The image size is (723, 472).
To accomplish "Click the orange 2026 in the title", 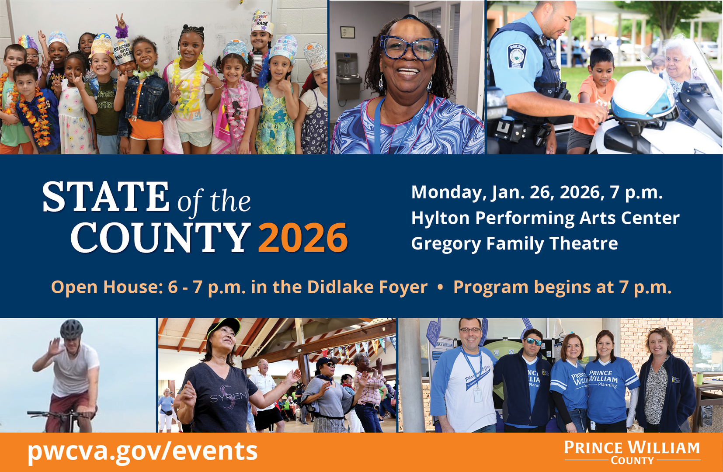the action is (303, 237).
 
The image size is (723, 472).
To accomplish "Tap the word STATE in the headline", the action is (105, 197).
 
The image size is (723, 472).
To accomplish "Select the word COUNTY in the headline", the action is (161, 237).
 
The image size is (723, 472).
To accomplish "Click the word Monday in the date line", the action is (448, 193).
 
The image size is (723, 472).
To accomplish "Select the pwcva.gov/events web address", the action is (143, 451).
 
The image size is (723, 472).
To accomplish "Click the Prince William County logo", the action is (632, 453).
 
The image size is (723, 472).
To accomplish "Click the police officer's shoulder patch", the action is (517, 56).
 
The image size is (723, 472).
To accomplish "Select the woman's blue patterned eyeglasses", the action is (409, 48).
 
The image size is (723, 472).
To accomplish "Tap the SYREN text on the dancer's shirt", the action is (229, 397).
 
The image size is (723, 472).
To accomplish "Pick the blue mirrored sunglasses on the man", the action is (534, 341).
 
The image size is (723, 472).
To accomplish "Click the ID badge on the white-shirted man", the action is (478, 395).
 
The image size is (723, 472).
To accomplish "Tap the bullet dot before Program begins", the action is (440, 287).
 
